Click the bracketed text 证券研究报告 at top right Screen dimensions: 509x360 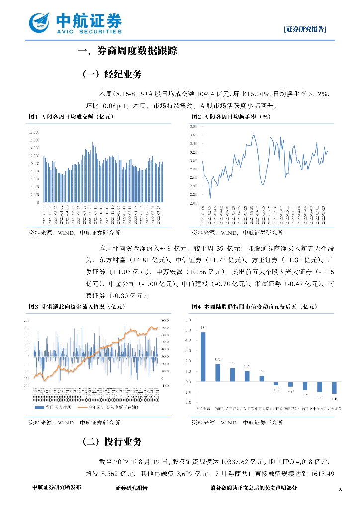pyautogui.click(x=305, y=29)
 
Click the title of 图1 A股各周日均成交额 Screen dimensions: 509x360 pyautogui.click(x=71, y=117)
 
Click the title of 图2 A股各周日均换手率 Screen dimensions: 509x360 pyautogui.click(x=231, y=117)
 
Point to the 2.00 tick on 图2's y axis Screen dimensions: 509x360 pyautogui.click(x=194, y=203)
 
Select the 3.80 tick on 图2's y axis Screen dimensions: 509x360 pyautogui.click(x=194, y=126)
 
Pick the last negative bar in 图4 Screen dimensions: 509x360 pyautogui.click(x=334, y=387)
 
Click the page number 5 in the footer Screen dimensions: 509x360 pyautogui.click(x=340, y=490)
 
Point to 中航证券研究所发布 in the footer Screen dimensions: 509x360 pyautogui.click(x=56, y=488)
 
